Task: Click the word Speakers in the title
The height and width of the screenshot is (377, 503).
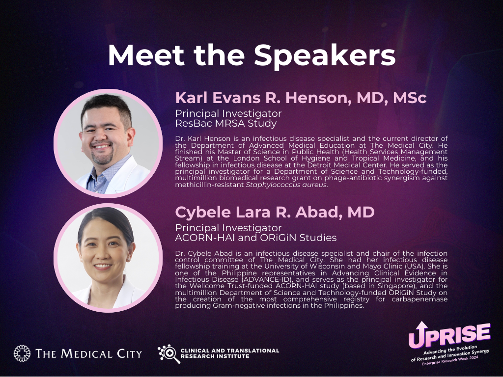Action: [325, 55]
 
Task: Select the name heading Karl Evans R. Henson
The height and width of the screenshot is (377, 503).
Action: [261, 98]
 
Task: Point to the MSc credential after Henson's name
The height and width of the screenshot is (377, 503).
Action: [410, 98]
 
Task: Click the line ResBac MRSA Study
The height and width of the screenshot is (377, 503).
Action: [226, 123]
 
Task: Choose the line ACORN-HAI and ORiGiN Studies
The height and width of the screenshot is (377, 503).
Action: [255, 238]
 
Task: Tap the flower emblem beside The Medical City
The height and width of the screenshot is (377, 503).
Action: [22, 353]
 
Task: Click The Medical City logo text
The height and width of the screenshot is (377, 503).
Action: [88, 353]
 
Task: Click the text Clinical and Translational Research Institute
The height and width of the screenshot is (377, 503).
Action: [230, 353]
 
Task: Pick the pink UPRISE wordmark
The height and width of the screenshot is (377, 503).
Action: [449, 335]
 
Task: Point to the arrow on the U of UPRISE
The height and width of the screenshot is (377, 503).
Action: [421, 327]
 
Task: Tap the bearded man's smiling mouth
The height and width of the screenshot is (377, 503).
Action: [102, 146]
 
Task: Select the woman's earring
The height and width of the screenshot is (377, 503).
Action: [130, 256]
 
